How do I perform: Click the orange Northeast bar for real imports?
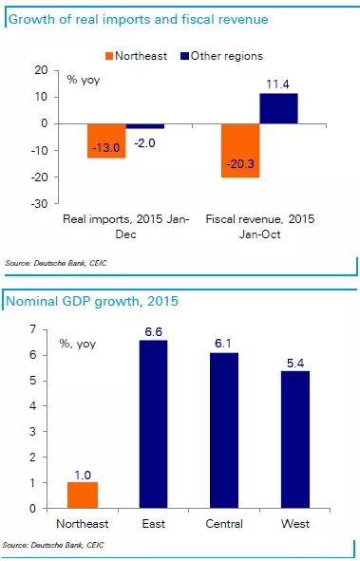click(106, 140)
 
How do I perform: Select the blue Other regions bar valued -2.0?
click(144, 126)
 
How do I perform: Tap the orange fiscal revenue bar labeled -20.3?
click(239, 150)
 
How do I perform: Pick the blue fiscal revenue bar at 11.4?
click(278, 108)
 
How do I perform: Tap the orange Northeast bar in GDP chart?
click(82, 495)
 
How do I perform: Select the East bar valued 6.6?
click(153, 423)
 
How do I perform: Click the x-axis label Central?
click(222, 523)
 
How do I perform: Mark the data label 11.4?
click(278, 84)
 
